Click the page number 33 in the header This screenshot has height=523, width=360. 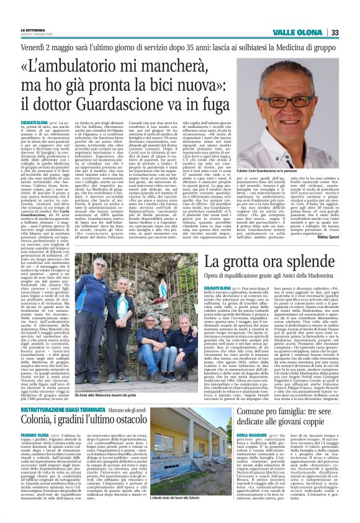pos(335,33)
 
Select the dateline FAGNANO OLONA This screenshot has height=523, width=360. pos(35,453)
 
